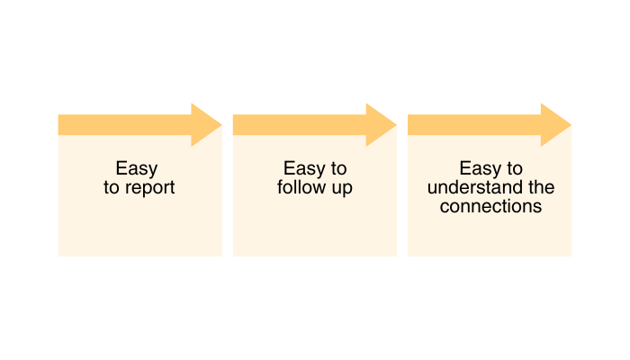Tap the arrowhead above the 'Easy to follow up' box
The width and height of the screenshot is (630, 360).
click(380, 125)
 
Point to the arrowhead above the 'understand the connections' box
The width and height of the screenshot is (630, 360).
click(554, 125)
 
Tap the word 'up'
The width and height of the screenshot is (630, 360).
click(341, 189)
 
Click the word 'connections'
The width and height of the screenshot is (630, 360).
click(490, 206)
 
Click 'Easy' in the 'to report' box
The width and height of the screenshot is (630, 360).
click(137, 169)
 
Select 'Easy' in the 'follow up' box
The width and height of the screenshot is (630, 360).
click(304, 169)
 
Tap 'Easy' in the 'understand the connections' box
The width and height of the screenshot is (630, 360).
click(480, 169)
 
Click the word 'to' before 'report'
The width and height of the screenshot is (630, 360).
click(112, 189)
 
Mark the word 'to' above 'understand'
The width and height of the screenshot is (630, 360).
click(514, 169)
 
